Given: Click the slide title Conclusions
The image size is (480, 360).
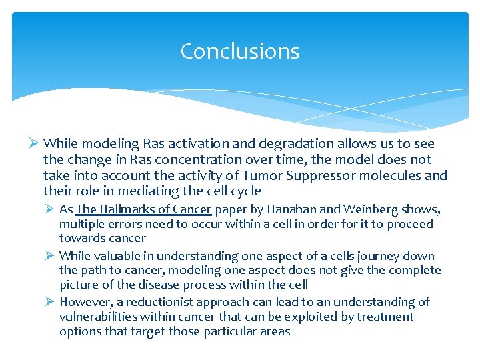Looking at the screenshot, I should tap(240, 51).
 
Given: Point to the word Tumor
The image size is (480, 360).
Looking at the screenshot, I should tap(306, 175).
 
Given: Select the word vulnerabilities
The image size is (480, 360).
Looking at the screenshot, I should tap(101, 317).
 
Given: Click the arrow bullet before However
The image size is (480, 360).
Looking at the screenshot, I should tap(50, 302).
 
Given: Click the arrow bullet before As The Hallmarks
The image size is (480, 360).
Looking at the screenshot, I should tap(50, 209).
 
